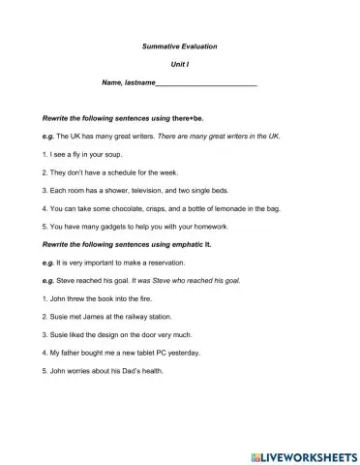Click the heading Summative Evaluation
point(180,46)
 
